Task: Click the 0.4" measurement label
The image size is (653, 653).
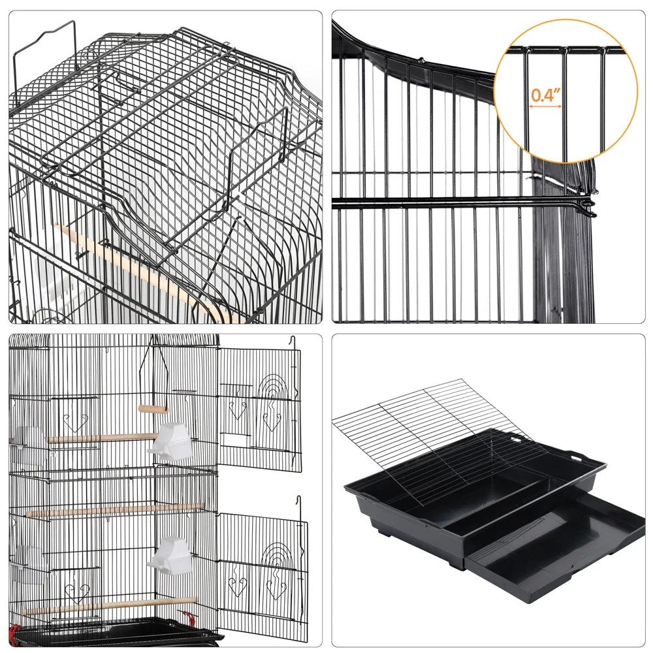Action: tap(546, 95)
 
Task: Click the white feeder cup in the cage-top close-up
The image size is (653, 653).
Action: tap(39, 274)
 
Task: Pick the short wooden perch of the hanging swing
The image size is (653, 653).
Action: tap(153, 409)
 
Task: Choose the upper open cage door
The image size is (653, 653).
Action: tap(259, 408)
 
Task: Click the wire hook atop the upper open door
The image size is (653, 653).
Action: tap(295, 342)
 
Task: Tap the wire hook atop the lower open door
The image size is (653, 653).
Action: tap(300, 503)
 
